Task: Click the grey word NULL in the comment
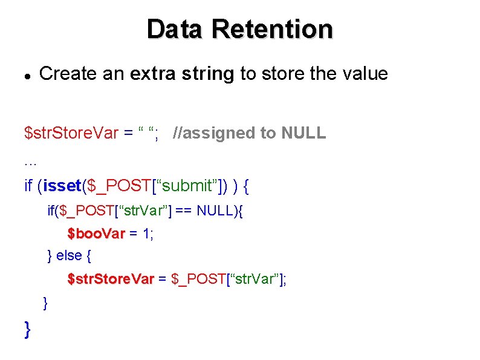pos(303,133)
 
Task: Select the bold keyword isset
pos(61,186)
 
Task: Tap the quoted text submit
pos(187,186)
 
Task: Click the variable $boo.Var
pos(96,234)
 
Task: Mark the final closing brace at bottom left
pos(27,330)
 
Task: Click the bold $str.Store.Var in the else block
pos(111,279)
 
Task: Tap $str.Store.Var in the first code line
pos(71,133)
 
